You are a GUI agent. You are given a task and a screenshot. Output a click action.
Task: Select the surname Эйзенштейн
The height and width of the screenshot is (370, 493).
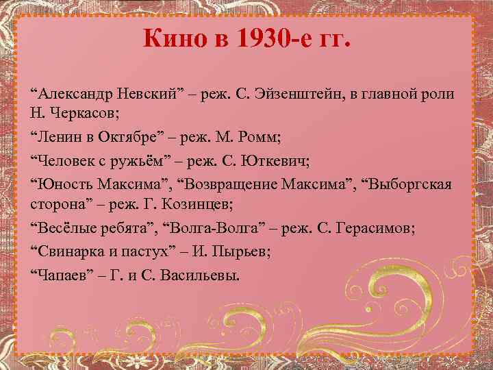[326, 92]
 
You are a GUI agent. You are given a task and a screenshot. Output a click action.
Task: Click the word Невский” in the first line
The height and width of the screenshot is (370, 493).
[158, 92]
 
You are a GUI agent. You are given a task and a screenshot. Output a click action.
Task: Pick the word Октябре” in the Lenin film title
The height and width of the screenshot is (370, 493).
[144, 136]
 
